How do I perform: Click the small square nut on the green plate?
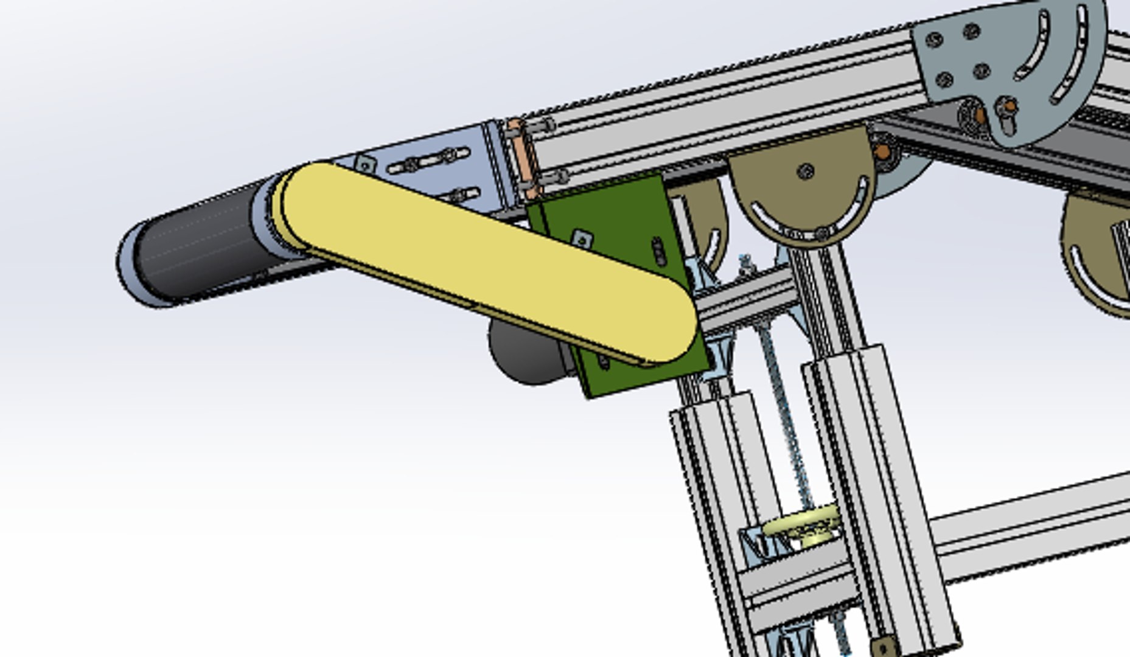click(x=582, y=239)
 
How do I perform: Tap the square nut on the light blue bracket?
click(x=364, y=164)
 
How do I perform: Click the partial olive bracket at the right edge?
click(x=1095, y=255)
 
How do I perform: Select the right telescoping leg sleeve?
click(x=876, y=487)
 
